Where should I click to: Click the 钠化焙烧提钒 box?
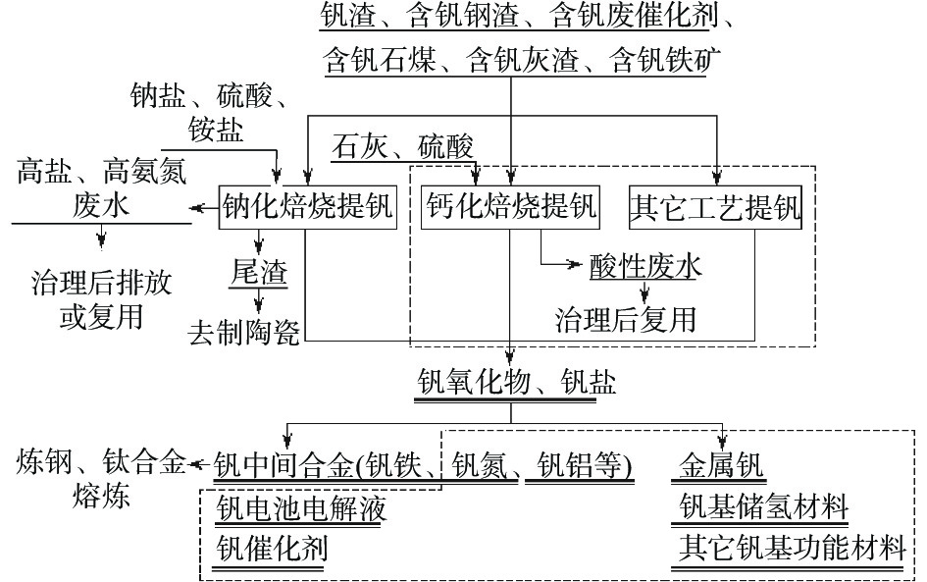tap(307, 207)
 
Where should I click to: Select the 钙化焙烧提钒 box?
tap(511, 207)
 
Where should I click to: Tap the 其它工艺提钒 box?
tap(715, 207)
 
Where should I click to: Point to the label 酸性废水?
tap(644, 266)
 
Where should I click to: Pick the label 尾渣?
tap(259, 272)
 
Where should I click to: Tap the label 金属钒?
tap(722, 462)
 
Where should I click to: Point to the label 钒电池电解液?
tap(301, 507)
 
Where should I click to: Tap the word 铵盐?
tap(218, 131)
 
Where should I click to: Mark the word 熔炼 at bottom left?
tap(101, 497)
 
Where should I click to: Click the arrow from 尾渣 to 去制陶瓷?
tap(260, 300)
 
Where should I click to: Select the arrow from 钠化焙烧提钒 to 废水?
tap(202, 207)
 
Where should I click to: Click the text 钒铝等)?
tap(579, 462)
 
